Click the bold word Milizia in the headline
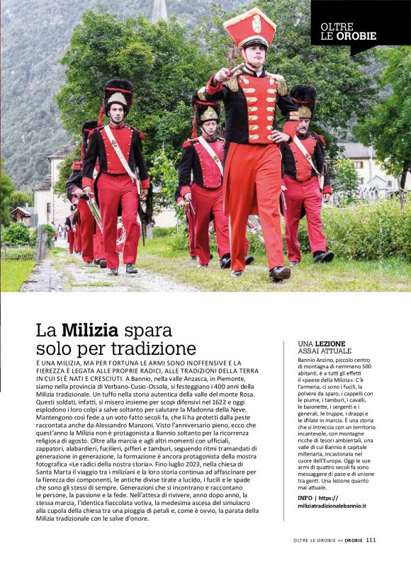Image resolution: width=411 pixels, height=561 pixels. pyautogui.click(x=89, y=329)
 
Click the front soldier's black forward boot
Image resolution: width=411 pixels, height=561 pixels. pyautogui.click(x=278, y=272)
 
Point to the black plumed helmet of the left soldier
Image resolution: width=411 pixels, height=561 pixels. pyautogui.click(x=118, y=92)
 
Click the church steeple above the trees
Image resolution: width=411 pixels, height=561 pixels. pyautogui.click(x=159, y=11)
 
